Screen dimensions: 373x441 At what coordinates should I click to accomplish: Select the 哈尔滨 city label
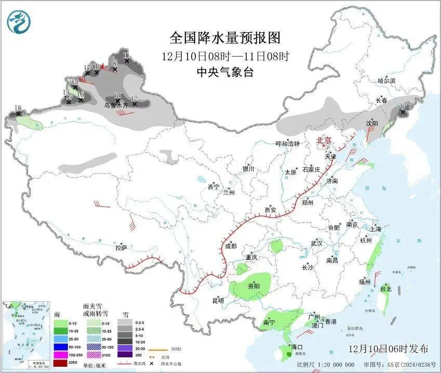(x=386, y=81)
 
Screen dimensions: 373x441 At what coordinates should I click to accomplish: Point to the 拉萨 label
(x=121, y=248)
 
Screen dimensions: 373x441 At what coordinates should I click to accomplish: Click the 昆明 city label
(x=218, y=300)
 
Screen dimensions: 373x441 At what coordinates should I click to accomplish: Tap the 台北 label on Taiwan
(x=385, y=289)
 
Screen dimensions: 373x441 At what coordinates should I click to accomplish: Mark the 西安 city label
(x=271, y=210)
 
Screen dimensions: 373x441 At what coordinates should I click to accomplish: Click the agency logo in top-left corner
(x=19, y=21)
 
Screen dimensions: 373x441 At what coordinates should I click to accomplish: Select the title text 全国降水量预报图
(x=225, y=38)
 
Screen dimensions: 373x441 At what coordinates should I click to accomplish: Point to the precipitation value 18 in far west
(x=18, y=108)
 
